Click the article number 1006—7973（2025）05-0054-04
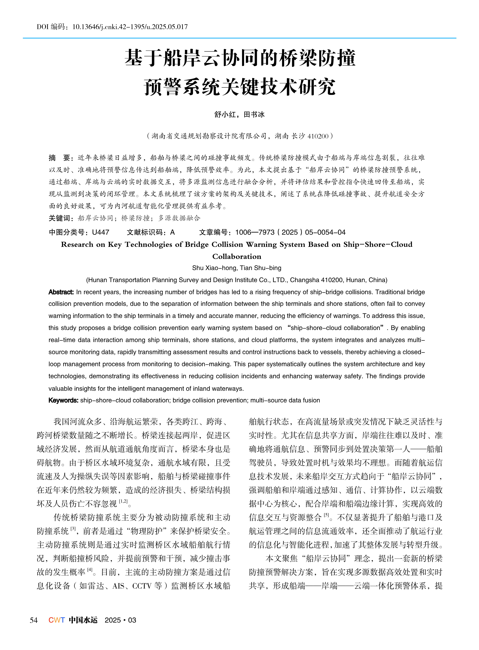[x=290, y=232]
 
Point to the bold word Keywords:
[x=63, y=400]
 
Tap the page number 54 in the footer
[x=34, y=620]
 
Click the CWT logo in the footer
[x=57, y=620]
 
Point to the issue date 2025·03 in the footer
[x=120, y=620]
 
